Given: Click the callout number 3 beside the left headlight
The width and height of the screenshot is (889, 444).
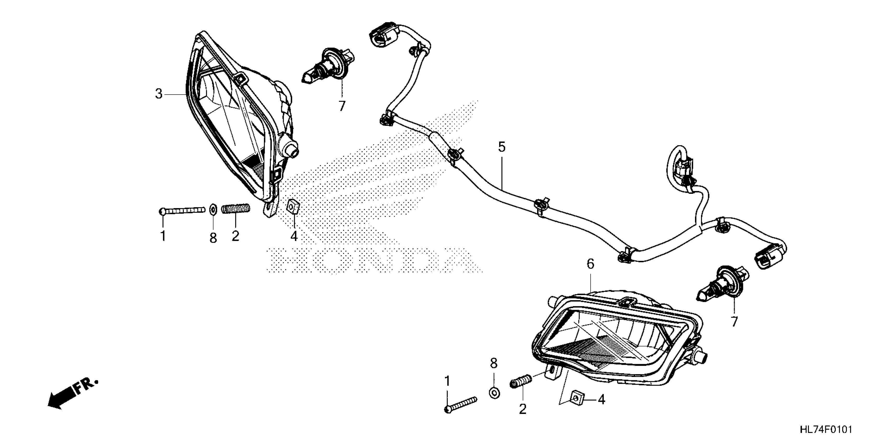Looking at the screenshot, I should click(x=159, y=94).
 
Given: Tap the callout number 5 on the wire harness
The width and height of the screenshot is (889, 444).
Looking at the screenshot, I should click(x=502, y=147).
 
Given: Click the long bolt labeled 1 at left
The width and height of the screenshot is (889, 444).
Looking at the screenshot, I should click(x=181, y=210).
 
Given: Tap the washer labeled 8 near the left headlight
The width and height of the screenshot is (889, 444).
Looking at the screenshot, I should click(x=213, y=209).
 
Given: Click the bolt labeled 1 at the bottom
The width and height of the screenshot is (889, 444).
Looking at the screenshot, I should click(x=460, y=404).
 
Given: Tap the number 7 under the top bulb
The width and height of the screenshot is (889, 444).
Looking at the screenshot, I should click(x=342, y=107).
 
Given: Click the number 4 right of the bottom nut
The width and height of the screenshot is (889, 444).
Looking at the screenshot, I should click(x=602, y=400).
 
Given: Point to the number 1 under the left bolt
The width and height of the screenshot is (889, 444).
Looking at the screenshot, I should click(x=163, y=236).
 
